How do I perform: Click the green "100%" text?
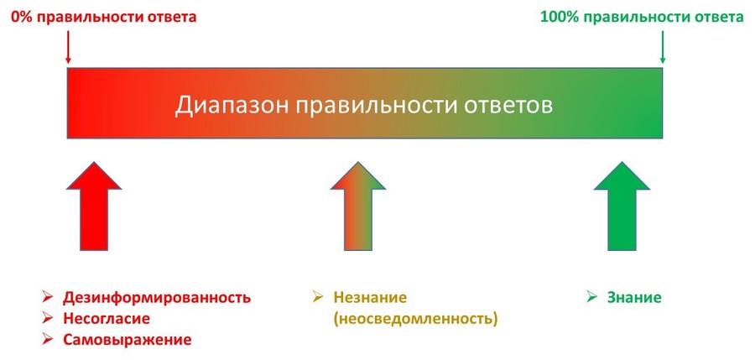[557, 17]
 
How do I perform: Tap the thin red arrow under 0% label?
[68, 47]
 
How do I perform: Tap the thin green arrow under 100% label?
[662, 47]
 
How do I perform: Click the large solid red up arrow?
[94, 206]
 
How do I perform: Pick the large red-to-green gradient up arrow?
[357, 206]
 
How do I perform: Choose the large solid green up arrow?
[622, 206]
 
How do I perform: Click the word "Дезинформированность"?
[157, 297]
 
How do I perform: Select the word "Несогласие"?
[107, 319]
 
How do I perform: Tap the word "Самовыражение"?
[128, 340]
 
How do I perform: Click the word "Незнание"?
[370, 297]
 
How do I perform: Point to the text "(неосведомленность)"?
[415, 319]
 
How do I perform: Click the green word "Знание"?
[634, 297]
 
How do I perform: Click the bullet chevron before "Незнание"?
[317, 297]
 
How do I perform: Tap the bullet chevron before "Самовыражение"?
[47, 339]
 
